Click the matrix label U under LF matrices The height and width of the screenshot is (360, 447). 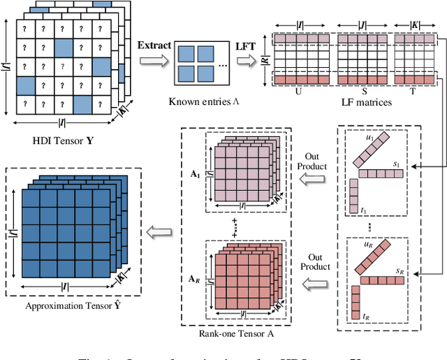point(298,91)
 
